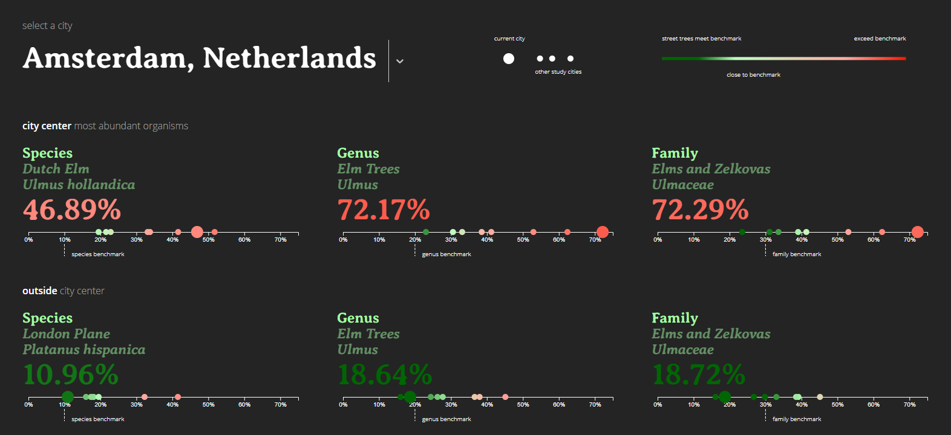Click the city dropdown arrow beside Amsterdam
pos(400,61)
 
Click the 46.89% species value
pos(72,210)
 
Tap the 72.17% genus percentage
pos(384,210)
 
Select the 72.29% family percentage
pos(700,210)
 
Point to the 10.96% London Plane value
pos(71,375)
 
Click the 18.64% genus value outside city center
pos(385,375)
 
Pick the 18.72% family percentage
pos(699,375)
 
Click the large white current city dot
pos(509,59)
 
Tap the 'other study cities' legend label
pos(558,72)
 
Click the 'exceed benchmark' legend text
pos(880,39)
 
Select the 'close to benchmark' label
pos(753,75)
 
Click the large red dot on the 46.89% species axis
pos(197,232)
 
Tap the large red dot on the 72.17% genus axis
pos(602,232)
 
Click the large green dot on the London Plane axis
pos(68,397)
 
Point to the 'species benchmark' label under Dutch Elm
pos(98,254)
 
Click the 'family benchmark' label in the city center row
pos(797,254)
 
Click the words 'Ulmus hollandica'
pos(79,185)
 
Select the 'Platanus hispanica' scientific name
pos(83,350)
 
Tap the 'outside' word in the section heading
pos(40,291)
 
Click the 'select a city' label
pos(47,25)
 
